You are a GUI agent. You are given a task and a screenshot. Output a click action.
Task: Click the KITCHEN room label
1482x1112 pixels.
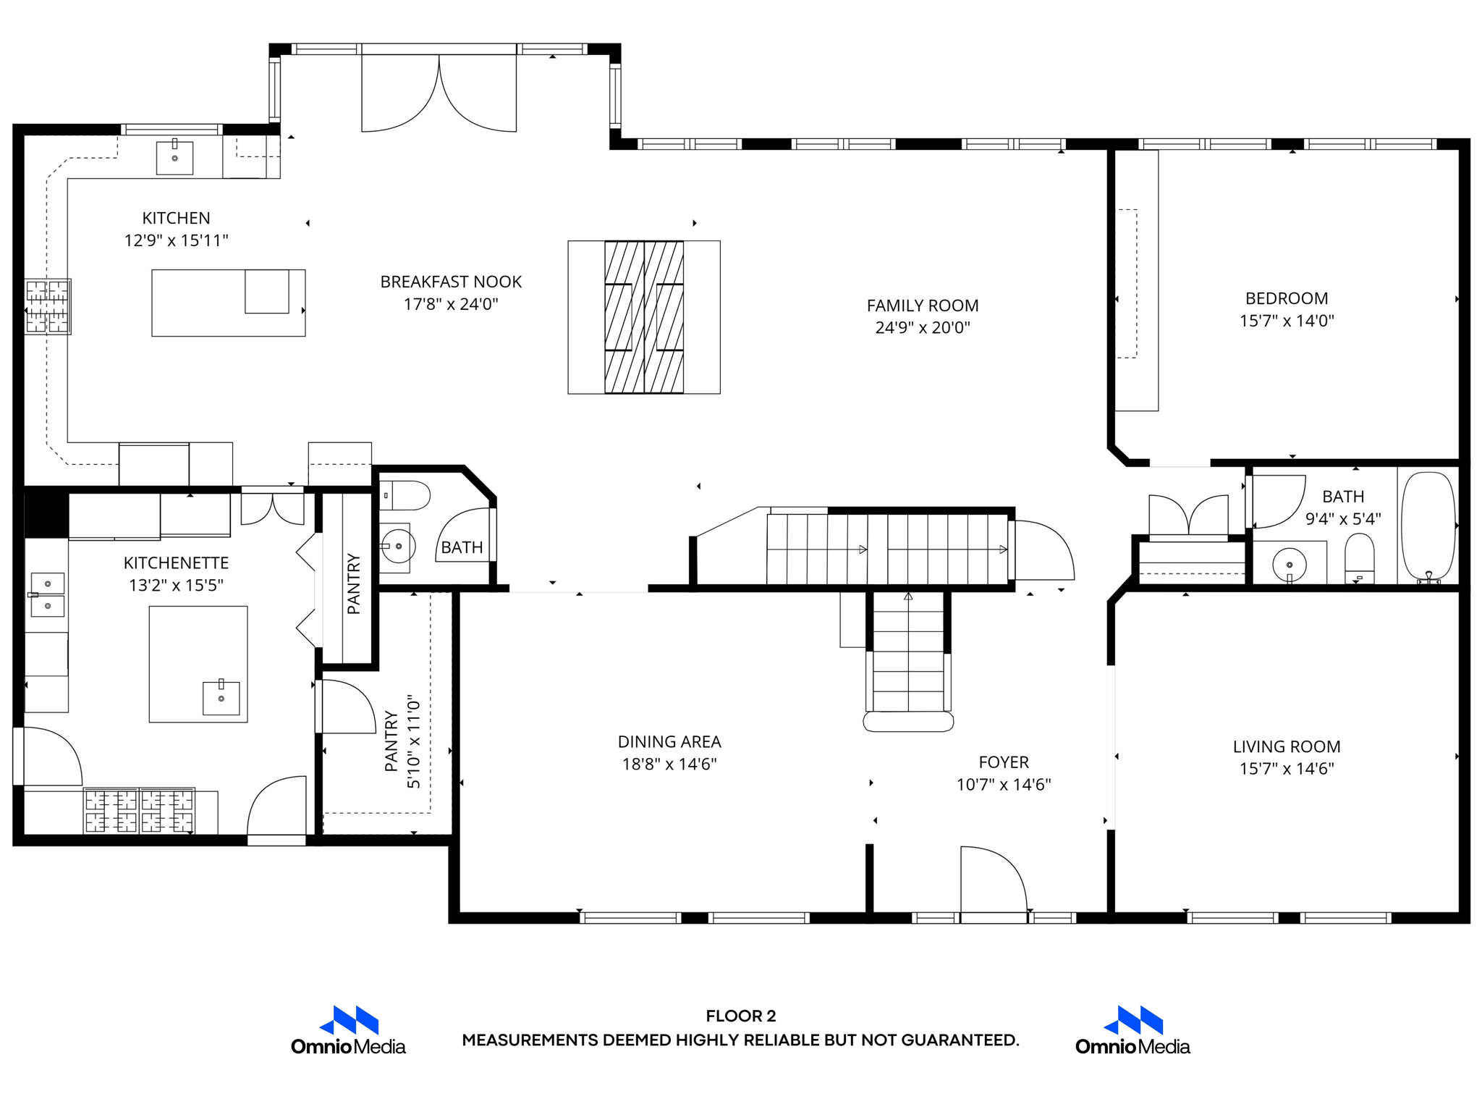click(x=176, y=218)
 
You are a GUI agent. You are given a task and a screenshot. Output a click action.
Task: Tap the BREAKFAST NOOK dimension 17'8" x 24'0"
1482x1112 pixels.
click(x=451, y=304)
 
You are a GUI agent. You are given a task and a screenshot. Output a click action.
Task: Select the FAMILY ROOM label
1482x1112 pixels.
click(x=923, y=306)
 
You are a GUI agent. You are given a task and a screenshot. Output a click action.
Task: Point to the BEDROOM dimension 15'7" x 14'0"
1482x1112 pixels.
click(x=1286, y=321)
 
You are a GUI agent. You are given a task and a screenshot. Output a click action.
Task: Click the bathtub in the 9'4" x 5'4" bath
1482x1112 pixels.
click(x=1428, y=526)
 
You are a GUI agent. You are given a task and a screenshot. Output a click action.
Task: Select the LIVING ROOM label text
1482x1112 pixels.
click(x=1286, y=746)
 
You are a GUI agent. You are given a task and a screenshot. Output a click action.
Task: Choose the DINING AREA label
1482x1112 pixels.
click(x=669, y=741)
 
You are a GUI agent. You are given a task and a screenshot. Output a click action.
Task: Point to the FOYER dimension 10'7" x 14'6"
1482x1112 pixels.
click(x=1003, y=784)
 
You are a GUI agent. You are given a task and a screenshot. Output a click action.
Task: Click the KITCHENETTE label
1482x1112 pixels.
click(x=176, y=563)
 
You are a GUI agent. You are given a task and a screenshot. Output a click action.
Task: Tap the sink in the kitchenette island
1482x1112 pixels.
click(x=221, y=698)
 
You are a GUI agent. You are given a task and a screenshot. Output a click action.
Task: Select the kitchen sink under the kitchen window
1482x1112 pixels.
click(x=175, y=158)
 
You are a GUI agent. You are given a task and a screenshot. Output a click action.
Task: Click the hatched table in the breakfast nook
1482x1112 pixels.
click(x=644, y=317)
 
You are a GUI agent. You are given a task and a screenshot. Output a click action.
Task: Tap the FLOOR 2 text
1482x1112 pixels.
click(x=740, y=1016)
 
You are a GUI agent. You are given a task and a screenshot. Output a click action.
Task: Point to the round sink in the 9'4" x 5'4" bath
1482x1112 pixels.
click(x=1289, y=564)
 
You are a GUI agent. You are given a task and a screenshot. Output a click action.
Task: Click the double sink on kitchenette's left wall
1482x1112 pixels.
click(x=47, y=594)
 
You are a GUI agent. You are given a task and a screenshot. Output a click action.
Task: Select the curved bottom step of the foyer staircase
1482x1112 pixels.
click(x=908, y=721)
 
